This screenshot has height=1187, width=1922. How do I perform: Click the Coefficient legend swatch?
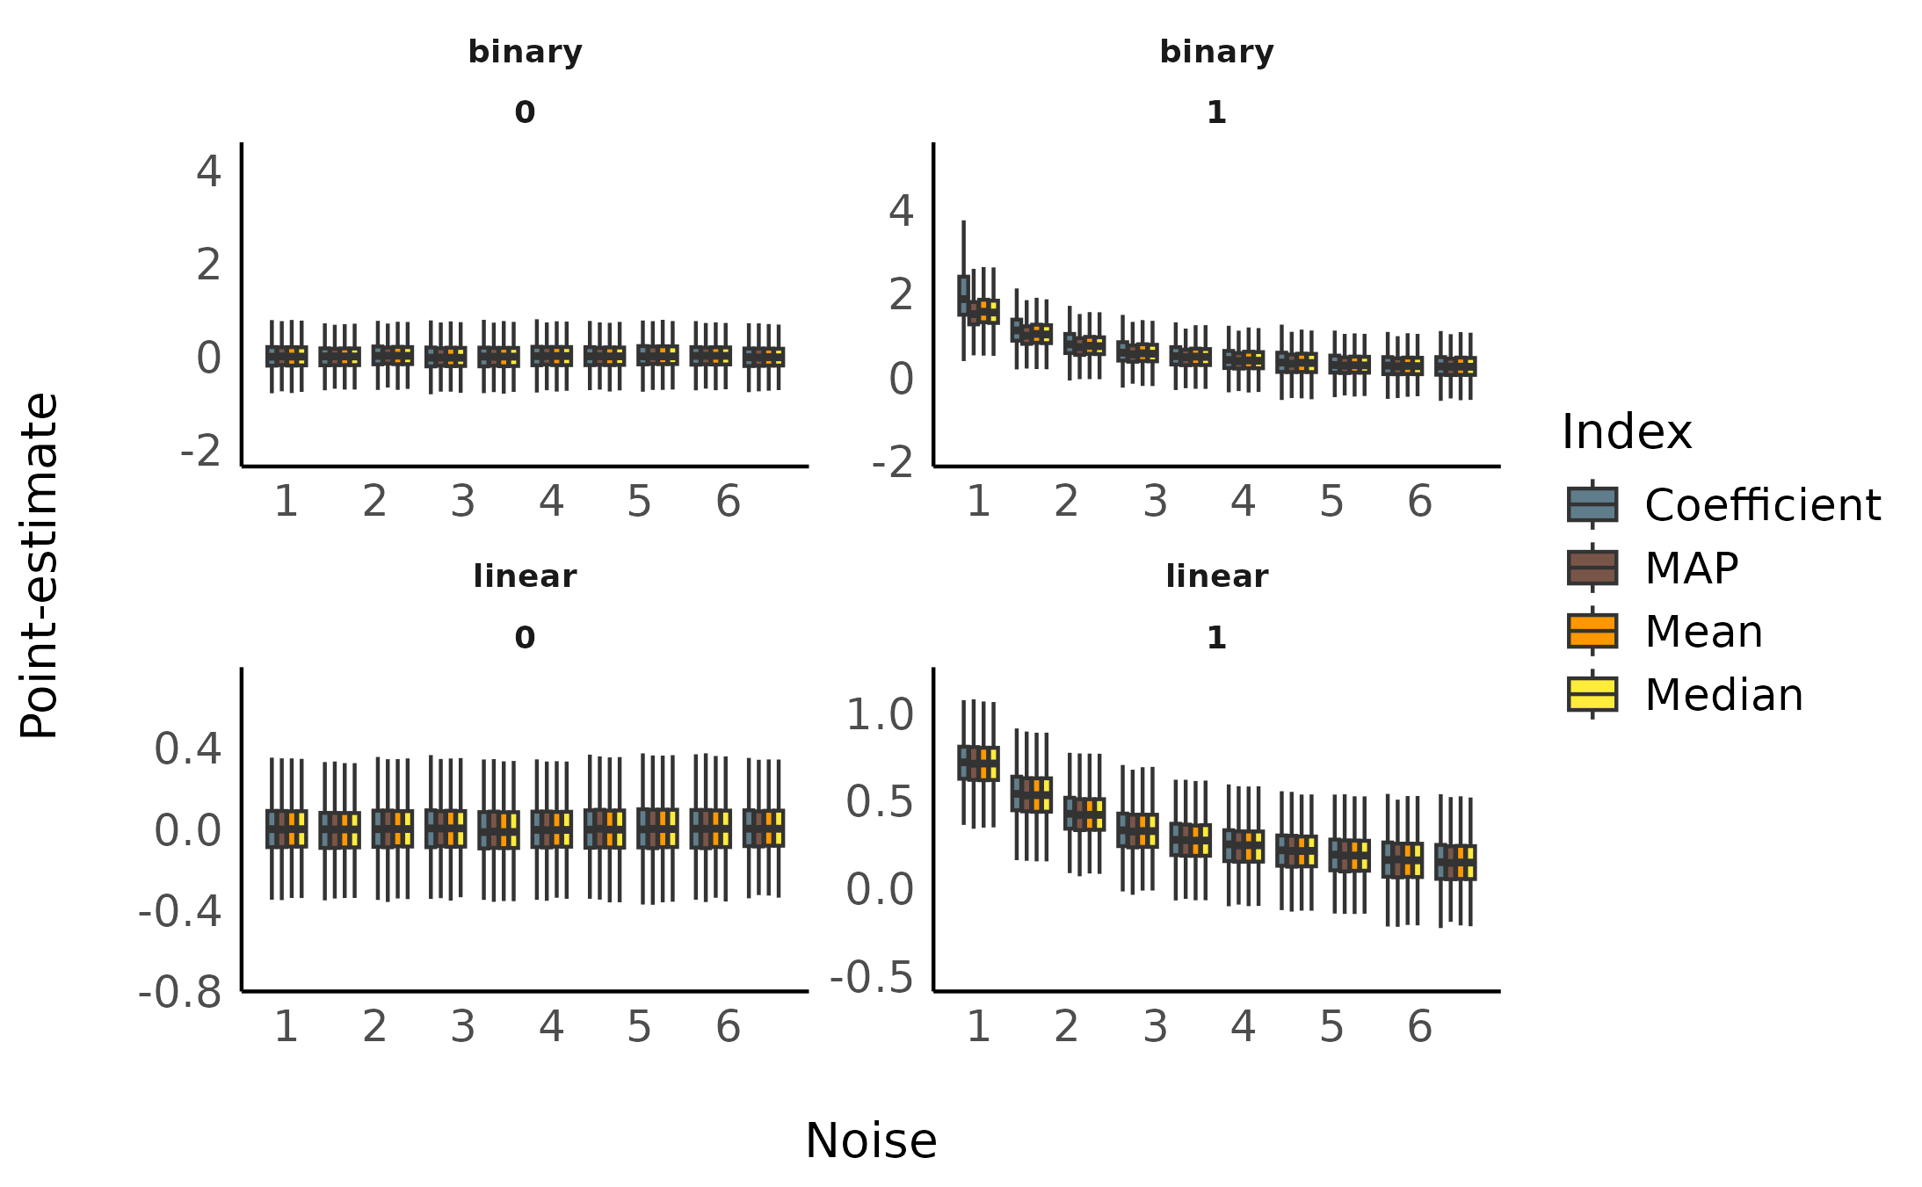1592,504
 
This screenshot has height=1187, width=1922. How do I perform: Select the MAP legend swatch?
1592,568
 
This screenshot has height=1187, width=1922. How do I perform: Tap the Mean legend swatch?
1592,631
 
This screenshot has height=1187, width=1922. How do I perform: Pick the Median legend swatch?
1592,694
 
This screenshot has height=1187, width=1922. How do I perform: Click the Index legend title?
1626,432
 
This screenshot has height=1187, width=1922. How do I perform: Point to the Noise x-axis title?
871,1141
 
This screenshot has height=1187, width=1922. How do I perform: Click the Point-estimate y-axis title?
40,566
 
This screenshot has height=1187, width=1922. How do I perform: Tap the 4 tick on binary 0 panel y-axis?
208,170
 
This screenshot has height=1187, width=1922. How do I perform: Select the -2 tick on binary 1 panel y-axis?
892,462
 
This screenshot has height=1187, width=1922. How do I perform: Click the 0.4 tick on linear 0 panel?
187,749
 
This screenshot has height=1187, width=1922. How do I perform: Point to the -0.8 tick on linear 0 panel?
179,993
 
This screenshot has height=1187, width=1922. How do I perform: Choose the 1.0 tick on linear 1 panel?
880,714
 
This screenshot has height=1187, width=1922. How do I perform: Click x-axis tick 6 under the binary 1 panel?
1419,502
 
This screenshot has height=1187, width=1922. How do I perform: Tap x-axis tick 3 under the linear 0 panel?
462,1027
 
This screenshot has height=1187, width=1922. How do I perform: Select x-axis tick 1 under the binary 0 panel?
286,502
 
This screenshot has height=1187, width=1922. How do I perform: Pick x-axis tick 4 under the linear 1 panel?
1243,1027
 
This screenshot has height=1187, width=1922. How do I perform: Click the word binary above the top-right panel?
1216,53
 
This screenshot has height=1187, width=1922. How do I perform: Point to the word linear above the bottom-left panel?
525,577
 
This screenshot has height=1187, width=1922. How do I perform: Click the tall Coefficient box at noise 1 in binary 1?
963,295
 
